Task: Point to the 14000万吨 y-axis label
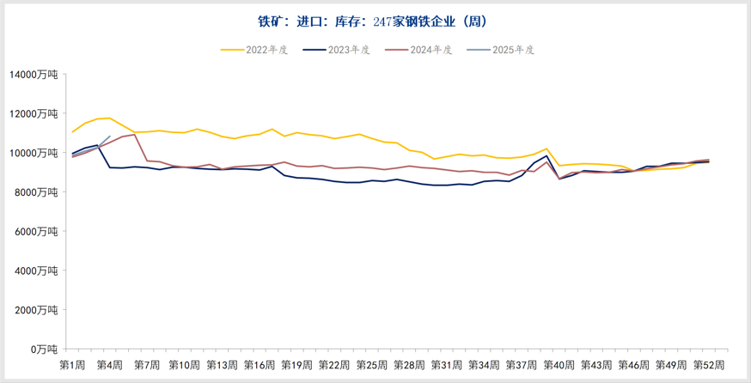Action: pos(34,75)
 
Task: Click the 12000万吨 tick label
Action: pos(34,114)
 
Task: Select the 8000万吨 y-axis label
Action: pos(36,192)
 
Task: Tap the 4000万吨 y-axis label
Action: pos(36,271)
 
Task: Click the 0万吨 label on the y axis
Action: pos(44,349)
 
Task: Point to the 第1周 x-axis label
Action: pos(72,365)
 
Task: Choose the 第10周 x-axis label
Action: pos(185,365)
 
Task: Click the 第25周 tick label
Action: pos(372,365)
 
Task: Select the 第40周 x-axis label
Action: pos(559,365)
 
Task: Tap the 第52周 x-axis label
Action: pos(710,365)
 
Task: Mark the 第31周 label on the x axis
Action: pos(447,365)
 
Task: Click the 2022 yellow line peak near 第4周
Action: pos(109,118)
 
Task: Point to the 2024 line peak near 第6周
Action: pos(135,134)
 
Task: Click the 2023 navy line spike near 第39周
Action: pos(546,155)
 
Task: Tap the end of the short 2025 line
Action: pos(109,136)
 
